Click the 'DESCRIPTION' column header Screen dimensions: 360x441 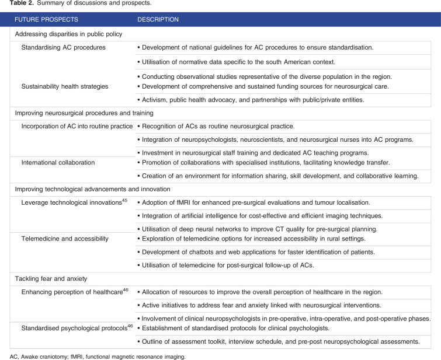pos(158,20)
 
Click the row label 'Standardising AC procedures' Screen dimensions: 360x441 pos(64,47)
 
